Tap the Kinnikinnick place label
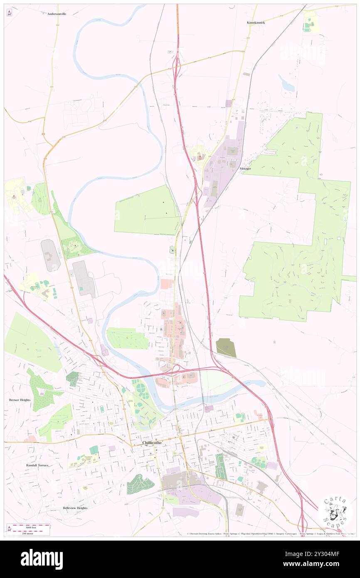[256, 22]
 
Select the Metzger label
[246, 169]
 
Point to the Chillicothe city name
[152, 443]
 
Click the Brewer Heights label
[20, 400]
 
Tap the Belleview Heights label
[75, 508]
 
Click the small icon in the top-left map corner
[9, 13]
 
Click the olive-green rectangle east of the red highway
[226, 348]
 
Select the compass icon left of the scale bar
[9, 529]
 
